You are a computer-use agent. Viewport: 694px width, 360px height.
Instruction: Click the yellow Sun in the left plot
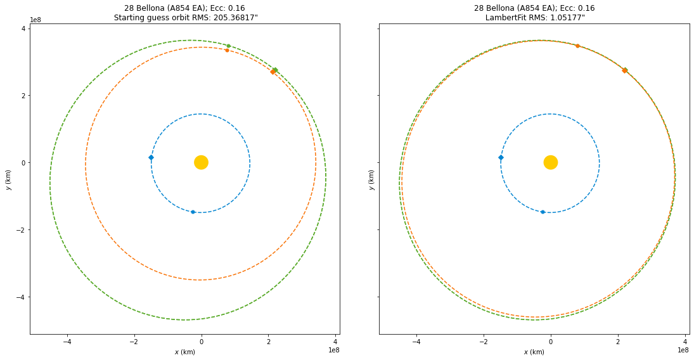pyautogui.click(x=201, y=162)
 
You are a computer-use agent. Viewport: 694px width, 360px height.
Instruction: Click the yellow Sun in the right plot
pyautogui.click(x=550, y=162)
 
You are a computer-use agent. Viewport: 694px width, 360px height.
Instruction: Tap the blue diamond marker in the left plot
pyautogui.click(x=151, y=157)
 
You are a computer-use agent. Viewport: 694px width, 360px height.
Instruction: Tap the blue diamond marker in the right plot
pyautogui.click(x=501, y=157)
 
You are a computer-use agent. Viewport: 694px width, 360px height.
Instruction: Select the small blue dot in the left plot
pyautogui.click(x=193, y=212)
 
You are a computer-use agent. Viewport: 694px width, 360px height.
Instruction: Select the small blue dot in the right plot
pyautogui.click(x=543, y=212)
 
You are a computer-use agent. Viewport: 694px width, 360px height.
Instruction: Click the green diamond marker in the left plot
pyautogui.click(x=275, y=70)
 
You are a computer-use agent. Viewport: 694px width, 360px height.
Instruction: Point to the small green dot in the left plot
pyautogui.click(x=228, y=46)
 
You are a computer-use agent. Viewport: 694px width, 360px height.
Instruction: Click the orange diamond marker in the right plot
pyautogui.click(x=624, y=70)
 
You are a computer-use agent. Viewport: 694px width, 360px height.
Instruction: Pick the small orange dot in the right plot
pyautogui.click(x=577, y=46)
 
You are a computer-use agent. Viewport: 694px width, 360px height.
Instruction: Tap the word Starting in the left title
pyautogui.click(x=129, y=17)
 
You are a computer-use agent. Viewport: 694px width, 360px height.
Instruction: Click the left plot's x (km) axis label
pyautogui.click(x=184, y=352)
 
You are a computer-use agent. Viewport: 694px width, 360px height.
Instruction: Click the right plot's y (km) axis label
pyautogui.click(x=371, y=179)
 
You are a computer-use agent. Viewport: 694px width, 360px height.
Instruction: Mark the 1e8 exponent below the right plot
pyautogui.click(x=683, y=350)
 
